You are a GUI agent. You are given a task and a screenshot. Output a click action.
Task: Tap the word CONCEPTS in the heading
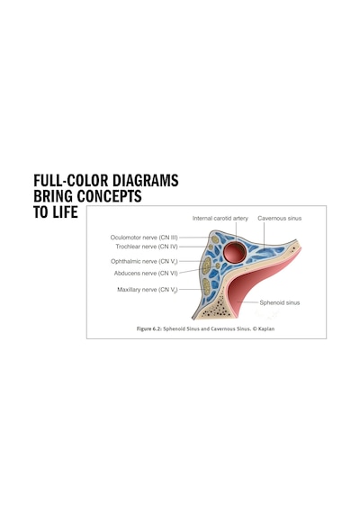click(109, 196)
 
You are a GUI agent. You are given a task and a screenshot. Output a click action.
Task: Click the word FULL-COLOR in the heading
click(71, 180)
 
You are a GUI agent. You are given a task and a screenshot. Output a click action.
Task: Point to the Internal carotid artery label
click(220, 218)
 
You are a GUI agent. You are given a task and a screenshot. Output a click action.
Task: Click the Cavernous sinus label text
click(280, 218)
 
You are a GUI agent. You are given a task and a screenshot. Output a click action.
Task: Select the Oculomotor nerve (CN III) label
click(144, 238)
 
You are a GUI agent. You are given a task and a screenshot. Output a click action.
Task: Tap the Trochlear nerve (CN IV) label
click(147, 247)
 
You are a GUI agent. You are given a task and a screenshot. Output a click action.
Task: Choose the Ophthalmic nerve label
click(144, 261)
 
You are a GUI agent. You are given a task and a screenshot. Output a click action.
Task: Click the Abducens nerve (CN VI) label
click(146, 274)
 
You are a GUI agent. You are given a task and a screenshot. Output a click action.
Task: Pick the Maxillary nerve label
click(148, 290)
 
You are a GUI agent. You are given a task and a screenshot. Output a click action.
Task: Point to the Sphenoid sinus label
click(280, 302)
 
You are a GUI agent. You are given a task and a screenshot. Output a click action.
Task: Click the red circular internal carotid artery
click(234, 253)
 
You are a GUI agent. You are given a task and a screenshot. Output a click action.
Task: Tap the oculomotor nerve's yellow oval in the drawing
click(215, 239)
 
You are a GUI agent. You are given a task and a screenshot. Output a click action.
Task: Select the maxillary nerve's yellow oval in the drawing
click(206, 286)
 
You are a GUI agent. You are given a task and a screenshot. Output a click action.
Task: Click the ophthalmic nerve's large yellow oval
click(206, 265)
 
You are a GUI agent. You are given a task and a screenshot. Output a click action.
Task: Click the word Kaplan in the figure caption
click(266, 328)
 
